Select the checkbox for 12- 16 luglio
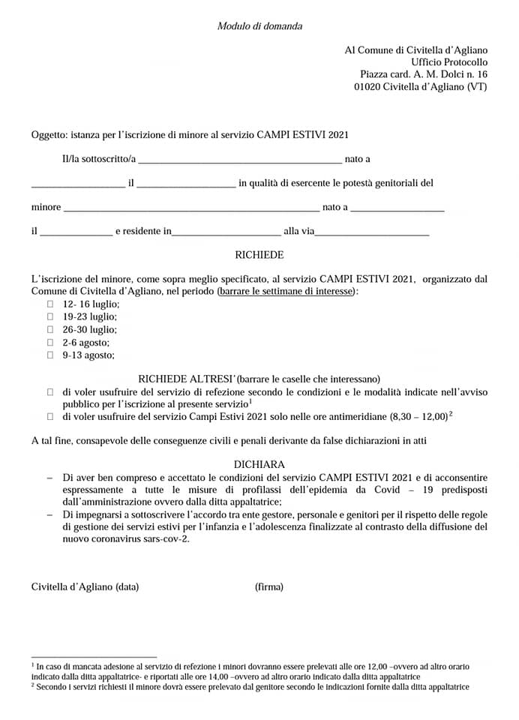[x=51, y=304]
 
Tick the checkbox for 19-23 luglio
[x=51, y=316]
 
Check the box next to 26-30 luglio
[x=51, y=329]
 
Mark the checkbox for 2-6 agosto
[x=51, y=342]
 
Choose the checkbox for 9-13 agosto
[x=51, y=355]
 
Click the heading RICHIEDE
[x=259, y=255]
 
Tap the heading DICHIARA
[x=259, y=465]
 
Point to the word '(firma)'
[x=269, y=586]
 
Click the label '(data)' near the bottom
[x=127, y=586]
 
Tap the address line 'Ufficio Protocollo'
[x=449, y=62]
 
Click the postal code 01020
[x=367, y=87]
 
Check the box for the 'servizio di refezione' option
[x=51, y=391]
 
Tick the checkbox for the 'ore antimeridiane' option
[x=51, y=416]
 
